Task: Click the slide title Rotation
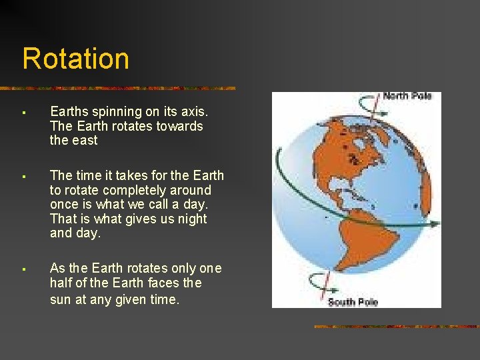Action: coord(75,59)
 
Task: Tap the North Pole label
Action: coord(407,97)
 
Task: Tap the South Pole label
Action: coord(353,302)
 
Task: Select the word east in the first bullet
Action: coord(83,141)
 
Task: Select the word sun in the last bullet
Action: coord(60,299)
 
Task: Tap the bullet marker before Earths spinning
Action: coord(23,112)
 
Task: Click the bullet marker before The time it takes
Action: coord(23,177)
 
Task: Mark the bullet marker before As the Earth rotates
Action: coord(23,269)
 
